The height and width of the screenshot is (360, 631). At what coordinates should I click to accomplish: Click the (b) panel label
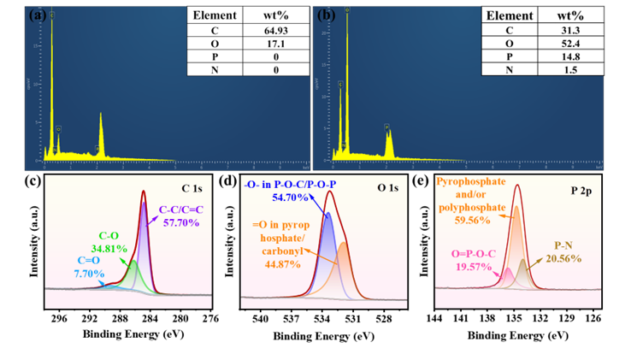click(326, 15)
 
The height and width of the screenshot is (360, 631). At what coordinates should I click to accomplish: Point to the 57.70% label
click(180, 222)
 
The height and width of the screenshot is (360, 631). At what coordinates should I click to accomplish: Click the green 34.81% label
click(102, 256)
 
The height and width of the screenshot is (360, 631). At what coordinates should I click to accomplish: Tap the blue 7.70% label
click(89, 274)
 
